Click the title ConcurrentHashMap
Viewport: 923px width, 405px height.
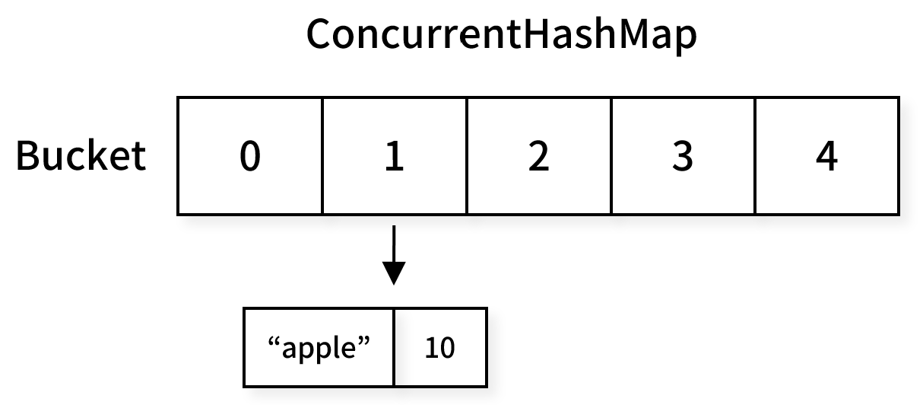click(x=502, y=35)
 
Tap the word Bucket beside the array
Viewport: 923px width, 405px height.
click(x=81, y=155)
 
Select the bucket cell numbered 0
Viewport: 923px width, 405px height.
click(x=249, y=156)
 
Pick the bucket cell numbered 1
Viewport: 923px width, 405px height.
click(x=395, y=156)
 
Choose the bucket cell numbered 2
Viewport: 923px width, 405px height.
click(x=539, y=156)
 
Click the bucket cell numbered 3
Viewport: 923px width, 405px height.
click(x=684, y=156)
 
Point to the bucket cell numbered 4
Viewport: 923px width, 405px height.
click(x=827, y=156)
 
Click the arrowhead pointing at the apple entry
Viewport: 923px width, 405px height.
click(x=394, y=273)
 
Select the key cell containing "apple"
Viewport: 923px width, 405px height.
click(x=319, y=347)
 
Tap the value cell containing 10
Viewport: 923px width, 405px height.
click(x=440, y=347)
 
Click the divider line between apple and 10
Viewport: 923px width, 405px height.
click(x=395, y=347)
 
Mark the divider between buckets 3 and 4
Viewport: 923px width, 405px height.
click(x=755, y=156)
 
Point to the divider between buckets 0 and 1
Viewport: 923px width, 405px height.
click(x=322, y=156)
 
